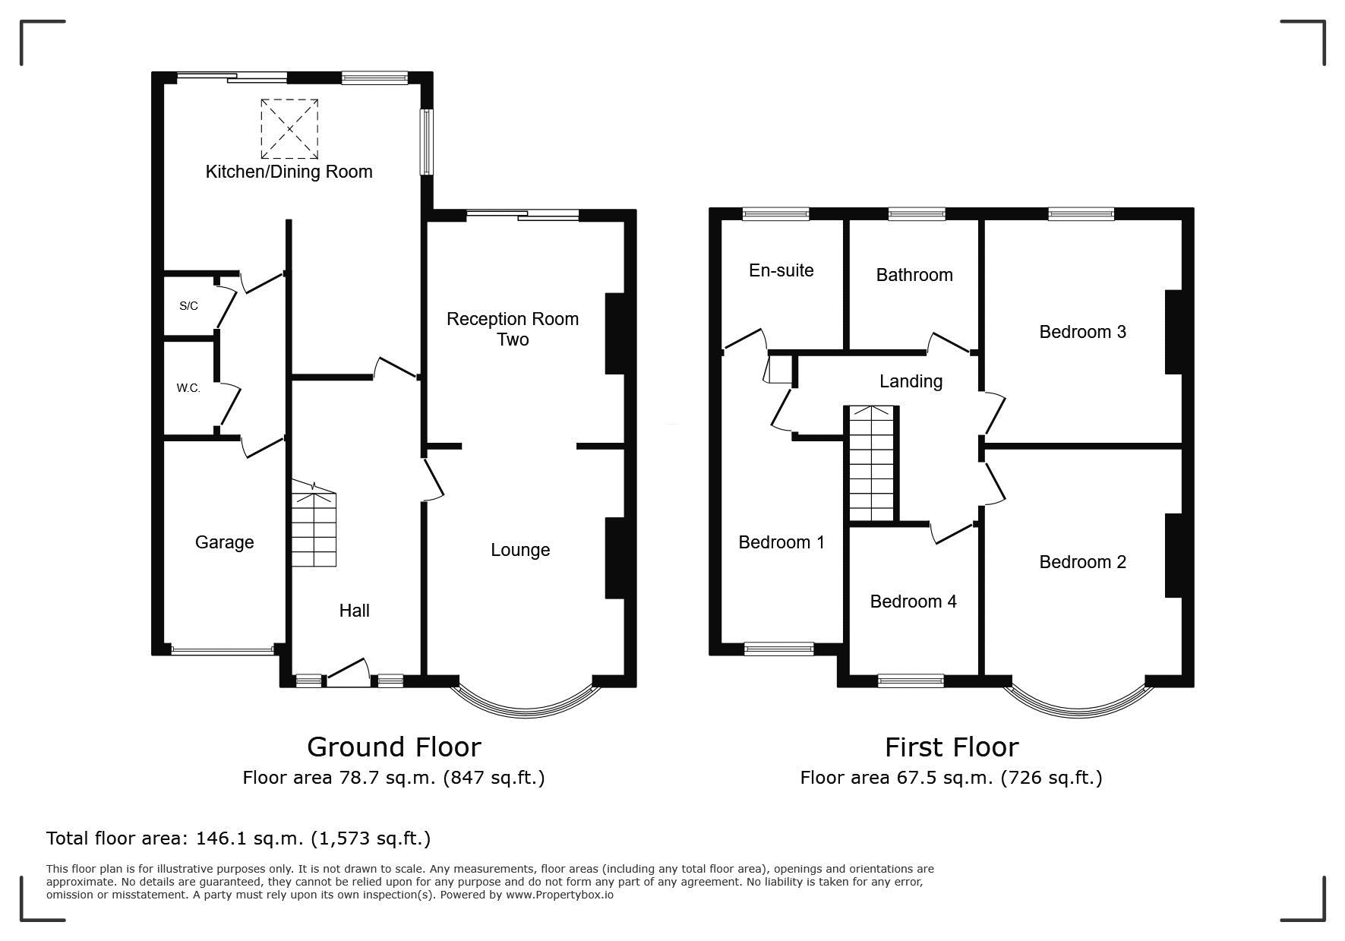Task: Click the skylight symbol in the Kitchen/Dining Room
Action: (x=289, y=128)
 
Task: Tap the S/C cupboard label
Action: (x=188, y=306)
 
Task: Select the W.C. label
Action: (x=188, y=388)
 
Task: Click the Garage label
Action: (x=224, y=542)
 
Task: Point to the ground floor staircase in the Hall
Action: (x=314, y=524)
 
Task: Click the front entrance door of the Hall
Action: (x=348, y=672)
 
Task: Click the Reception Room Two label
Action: (x=513, y=329)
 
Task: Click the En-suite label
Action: (x=781, y=270)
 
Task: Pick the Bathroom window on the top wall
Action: (x=917, y=214)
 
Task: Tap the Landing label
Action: (x=911, y=381)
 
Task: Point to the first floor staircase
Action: (x=872, y=464)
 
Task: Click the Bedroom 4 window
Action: (x=911, y=681)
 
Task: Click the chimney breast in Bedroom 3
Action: (x=1174, y=332)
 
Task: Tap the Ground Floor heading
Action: (x=393, y=747)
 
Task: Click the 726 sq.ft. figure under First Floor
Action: (x=1052, y=778)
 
